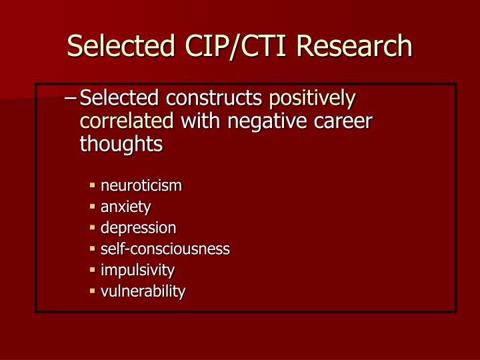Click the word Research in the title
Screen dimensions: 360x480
point(355,46)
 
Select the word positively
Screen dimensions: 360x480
point(312,99)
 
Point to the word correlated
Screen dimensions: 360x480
point(127,121)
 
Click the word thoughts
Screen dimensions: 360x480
point(121,144)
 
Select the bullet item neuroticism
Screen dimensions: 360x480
point(141,185)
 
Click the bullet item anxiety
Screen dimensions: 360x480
point(126,207)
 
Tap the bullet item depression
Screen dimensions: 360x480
point(139,228)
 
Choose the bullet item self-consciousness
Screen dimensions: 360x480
point(165,249)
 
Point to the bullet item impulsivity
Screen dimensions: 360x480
point(138,270)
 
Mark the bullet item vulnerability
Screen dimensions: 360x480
point(143,291)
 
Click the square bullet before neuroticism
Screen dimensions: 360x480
point(93,186)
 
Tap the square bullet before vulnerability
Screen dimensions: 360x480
point(93,292)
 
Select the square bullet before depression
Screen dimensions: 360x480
point(93,229)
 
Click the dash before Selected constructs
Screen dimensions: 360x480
point(71,99)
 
